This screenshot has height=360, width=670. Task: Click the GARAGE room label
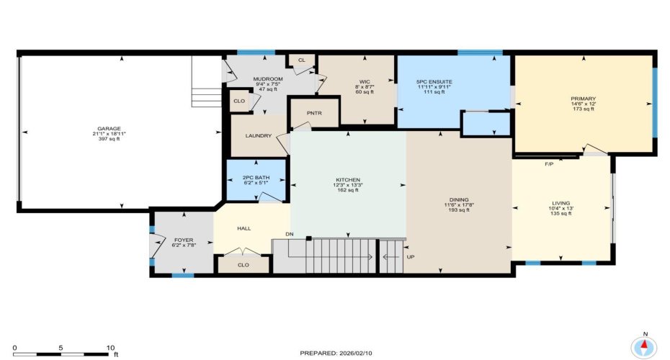pos(110,129)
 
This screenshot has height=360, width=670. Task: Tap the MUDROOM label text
pos(267,78)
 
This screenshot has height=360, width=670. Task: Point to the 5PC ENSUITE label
pos(434,82)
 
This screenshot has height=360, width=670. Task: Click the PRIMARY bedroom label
pos(584,99)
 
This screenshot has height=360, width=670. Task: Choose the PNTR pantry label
pos(313,114)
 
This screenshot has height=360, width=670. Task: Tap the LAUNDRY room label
pos(258,135)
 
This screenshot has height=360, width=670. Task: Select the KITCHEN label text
pos(348,180)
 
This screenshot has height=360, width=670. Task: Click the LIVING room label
pos(560,203)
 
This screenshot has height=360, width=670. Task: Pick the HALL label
pos(244,229)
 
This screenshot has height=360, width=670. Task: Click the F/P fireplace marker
pos(549,163)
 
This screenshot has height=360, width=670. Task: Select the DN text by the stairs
pos(289,235)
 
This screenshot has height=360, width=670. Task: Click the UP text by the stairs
pos(410,256)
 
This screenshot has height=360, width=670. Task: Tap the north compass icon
pos(644,346)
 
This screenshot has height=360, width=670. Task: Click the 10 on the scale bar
pos(111,347)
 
